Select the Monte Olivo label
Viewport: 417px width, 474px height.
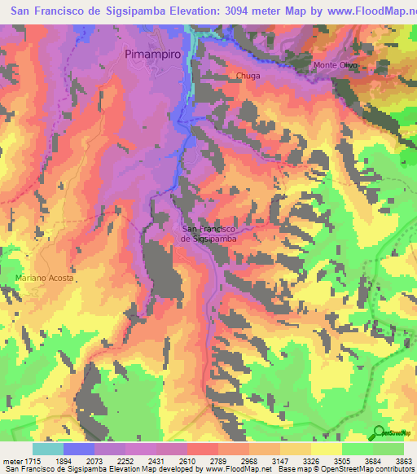click(336, 65)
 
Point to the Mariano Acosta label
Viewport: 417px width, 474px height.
click(44, 279)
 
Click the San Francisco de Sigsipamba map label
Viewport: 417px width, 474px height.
click(208, 234)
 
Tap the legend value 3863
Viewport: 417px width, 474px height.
click(403, 459)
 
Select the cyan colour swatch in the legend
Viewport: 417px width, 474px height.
click(47, 448)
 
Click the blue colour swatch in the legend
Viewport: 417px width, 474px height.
click(78, 448)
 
